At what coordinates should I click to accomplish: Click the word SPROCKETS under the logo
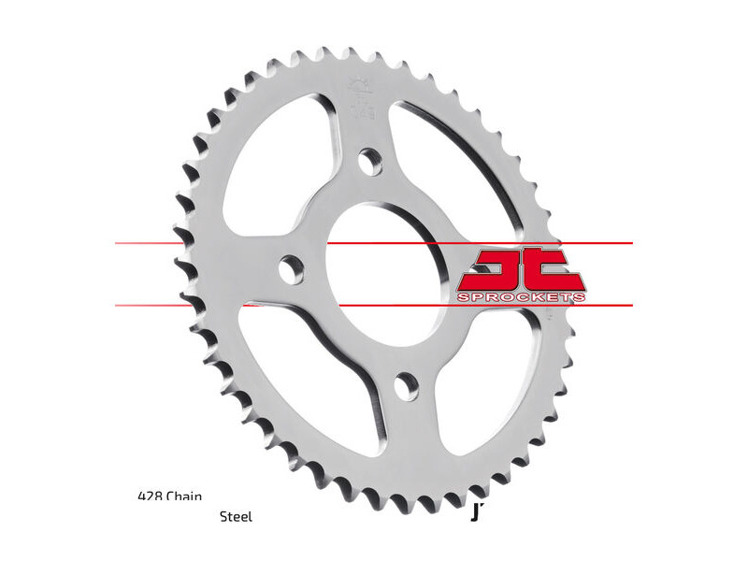click(x=522, y=296)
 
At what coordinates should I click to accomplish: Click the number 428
click(x=149, y=496)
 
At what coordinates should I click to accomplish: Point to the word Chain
click(x=184, y=496)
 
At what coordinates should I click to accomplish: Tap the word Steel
click(x=236, y=516)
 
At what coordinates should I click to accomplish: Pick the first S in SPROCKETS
click(x=462, y=296)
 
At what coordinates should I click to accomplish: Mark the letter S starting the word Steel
click(x=223, y=516)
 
